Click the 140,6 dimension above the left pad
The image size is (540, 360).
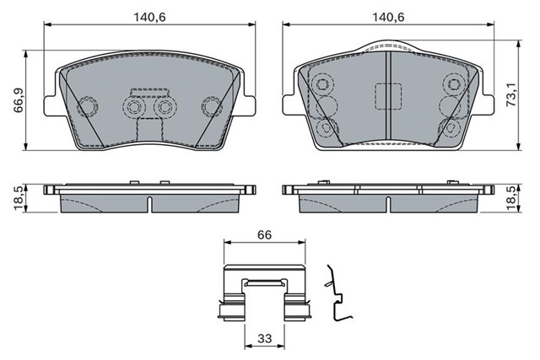(x=149, y=17)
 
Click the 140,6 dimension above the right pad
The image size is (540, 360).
(x=388, y=17)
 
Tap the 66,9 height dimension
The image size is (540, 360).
(x=19, y=100)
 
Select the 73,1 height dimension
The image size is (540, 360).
(x=512, y=94)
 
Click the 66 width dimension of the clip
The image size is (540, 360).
(x=264, y=234)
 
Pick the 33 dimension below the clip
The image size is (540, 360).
(x=264, y=338)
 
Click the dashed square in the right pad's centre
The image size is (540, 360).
(x=388, y=96)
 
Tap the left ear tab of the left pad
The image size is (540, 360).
(x=53, y=105)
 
